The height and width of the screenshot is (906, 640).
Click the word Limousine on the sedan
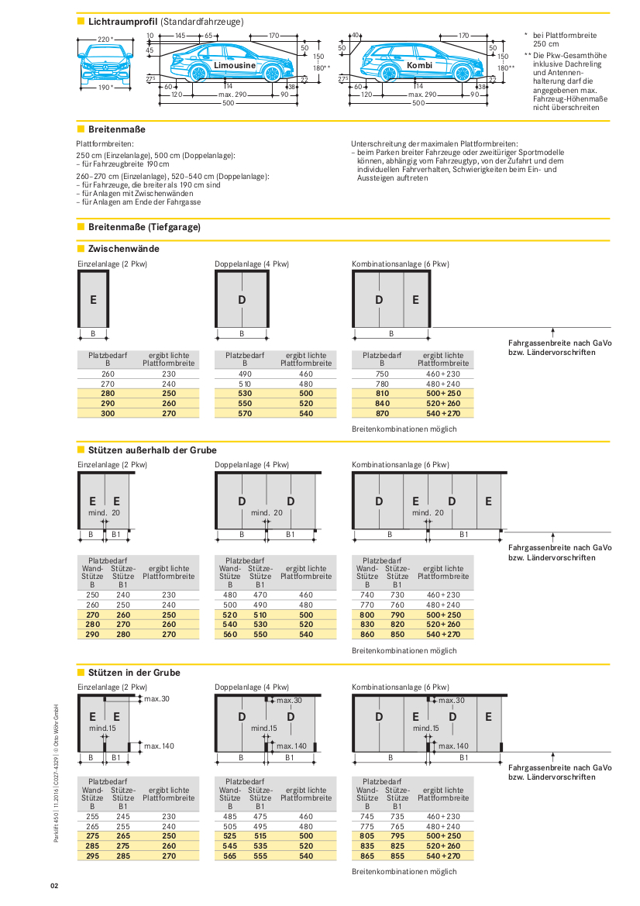[x=236, y=67]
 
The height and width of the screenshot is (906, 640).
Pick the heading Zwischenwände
[x=124, y=249]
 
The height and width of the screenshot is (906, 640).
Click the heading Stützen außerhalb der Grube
[x=153, y=450]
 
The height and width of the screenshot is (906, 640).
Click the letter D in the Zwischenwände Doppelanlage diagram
[x=242, y=300]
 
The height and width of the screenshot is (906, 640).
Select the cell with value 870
[x=382, y=413]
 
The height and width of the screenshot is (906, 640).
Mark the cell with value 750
[x=382, y=374]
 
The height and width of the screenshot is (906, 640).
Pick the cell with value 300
[x=108, y=413]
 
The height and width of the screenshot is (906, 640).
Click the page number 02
[x=55, y=885]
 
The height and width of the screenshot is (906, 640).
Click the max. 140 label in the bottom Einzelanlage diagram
[x=159, y=746]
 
